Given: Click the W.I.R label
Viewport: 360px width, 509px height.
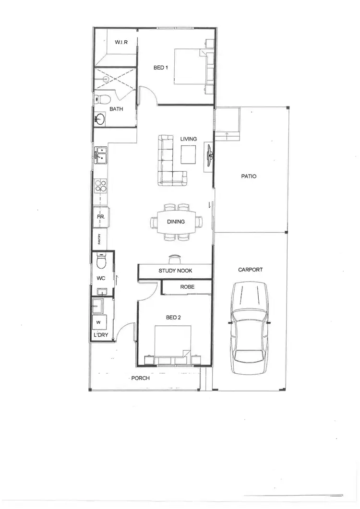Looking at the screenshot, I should [120, 43].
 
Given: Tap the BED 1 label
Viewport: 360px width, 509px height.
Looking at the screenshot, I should [160, 68].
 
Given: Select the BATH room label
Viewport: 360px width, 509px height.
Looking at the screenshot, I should [116, 109].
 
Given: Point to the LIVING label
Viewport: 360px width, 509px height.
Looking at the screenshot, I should [188, 139].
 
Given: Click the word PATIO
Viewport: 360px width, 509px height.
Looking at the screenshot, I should [249, 176].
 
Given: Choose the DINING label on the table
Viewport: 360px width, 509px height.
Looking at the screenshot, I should [176, 222].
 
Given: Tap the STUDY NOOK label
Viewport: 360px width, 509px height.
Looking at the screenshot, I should [175, 271].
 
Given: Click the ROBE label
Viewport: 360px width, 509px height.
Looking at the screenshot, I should [187, 287].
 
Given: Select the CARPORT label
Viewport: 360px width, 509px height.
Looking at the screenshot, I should [250, 270].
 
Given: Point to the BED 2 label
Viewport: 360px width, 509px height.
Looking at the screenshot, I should [173, 318].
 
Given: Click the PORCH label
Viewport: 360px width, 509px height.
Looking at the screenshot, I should [141, 378].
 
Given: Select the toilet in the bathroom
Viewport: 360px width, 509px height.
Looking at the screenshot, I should [103, 99].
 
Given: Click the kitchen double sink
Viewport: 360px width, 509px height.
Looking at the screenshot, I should [101, 155].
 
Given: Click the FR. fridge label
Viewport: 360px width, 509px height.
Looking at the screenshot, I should [101, 217].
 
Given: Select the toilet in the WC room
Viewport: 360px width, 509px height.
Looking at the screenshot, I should [101, 262].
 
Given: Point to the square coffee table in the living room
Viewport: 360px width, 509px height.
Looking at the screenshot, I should [188, 154].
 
